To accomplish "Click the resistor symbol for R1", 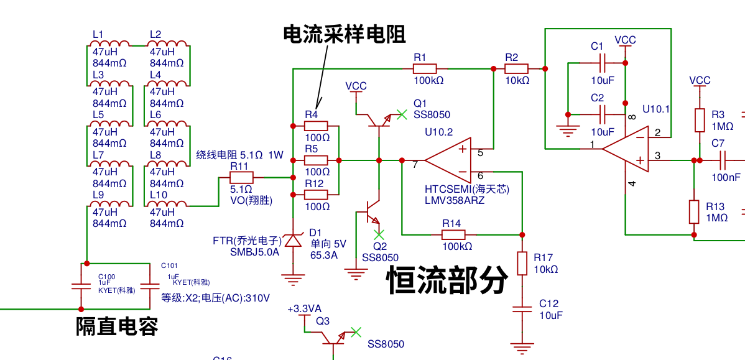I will [425, 68].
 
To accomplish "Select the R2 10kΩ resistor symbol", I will [516, 68].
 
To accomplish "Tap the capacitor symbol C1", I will [602, 63].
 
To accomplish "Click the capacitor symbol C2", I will [602, 114].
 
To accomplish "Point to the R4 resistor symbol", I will [316, 125].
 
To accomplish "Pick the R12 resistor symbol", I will [316, 195].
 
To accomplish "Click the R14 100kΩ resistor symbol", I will [453, 234].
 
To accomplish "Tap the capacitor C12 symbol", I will [522, 309].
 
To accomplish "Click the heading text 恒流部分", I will [447, 280].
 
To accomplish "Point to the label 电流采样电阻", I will [345, 34].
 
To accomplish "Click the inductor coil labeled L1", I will [110, 44].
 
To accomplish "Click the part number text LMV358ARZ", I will [454, 200].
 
